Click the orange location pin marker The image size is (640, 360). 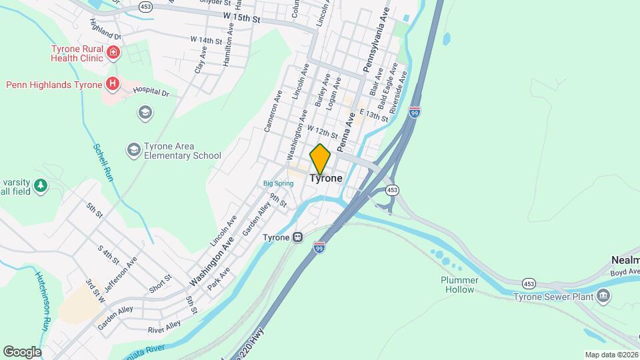point(320,159)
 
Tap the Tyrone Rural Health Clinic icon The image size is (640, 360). point(115,52)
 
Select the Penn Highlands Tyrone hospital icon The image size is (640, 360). point(113,84)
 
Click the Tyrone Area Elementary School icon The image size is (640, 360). point(134,151)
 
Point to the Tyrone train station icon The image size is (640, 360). point(299,237)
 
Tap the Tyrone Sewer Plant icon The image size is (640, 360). point(603,295)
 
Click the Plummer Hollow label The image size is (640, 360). point(457,285)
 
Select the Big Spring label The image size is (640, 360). point(278,183)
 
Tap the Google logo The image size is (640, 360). point(22,351)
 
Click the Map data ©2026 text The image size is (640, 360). point(611,355)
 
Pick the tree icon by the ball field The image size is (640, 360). point(41,185)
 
